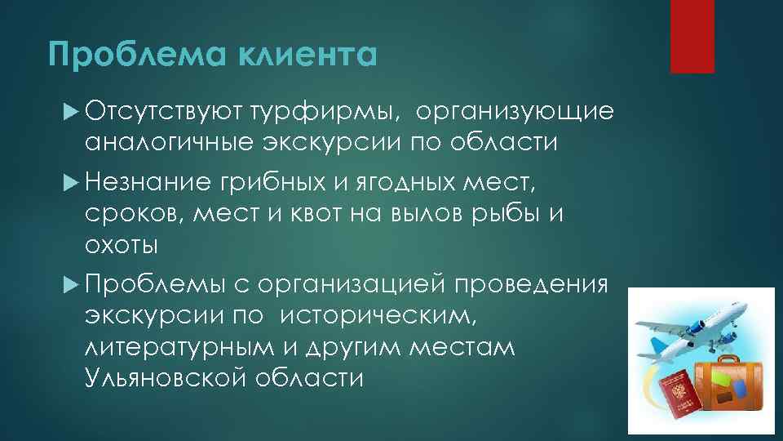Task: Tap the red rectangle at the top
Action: coord(692,36)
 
